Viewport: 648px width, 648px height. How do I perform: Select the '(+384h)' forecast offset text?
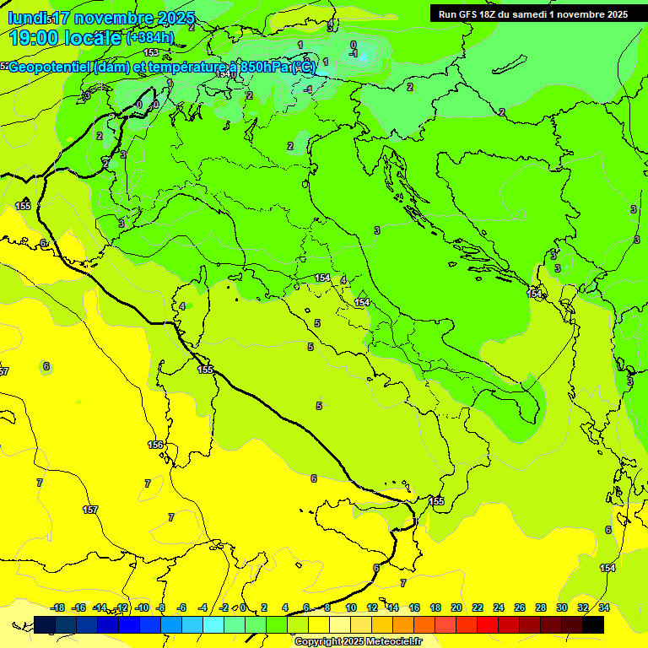(149, 38)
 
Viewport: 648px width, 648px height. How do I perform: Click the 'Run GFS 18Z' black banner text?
(468, 13)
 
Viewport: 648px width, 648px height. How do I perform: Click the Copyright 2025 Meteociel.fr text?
(358, 641)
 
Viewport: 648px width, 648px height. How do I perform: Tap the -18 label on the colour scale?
(57, 607)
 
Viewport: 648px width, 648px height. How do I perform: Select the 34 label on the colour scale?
(604, 607)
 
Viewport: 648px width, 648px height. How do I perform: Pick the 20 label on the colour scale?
(456, 607)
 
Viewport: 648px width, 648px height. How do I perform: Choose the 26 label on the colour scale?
(520, 607)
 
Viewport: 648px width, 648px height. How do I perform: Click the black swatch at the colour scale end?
(593, 624)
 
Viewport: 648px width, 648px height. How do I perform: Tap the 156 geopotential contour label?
(155, 445)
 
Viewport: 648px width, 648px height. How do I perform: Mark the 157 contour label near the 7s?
(90, 510)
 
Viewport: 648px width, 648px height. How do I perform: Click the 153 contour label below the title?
(150, 52)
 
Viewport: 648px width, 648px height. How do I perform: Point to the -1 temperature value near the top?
(354, 54)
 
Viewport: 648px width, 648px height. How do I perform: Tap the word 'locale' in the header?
(92, 38)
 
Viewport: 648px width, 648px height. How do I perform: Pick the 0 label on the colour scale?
(243, 607)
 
